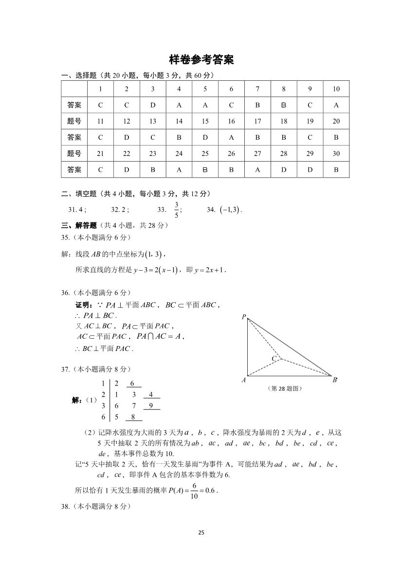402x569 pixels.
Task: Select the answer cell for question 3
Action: [153, 105]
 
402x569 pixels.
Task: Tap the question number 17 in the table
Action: [257, 121]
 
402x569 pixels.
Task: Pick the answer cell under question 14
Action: [179, 137]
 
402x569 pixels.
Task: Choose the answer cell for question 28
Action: [284, 170]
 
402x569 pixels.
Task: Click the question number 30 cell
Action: [336, 153]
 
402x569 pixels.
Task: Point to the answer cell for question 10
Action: [336, 105]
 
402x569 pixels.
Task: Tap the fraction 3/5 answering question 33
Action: [177, 210]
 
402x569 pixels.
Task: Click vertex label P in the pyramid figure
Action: [243, 317]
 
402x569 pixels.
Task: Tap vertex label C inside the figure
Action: [274, 359]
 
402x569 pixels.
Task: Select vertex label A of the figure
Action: [243, 380]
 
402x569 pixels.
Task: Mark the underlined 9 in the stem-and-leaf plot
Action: [151, 405]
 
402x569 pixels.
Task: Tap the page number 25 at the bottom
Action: [201, 532]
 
